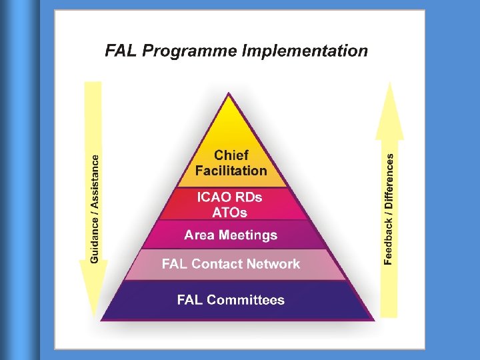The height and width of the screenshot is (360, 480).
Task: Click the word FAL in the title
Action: coord(121,51)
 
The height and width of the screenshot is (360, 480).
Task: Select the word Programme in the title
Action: coord(189,51)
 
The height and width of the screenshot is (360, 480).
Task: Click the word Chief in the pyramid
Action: coord(231,155)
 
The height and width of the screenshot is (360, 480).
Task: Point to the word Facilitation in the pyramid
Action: coord(231,171)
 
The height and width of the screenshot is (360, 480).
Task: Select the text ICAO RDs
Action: coord(230,197)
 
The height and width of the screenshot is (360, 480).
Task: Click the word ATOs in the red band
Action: coord(230,213)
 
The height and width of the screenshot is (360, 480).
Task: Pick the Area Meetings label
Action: coord(231,235)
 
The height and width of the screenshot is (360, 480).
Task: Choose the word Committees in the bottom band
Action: coord(245,300)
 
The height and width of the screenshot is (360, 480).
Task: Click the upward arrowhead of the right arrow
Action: coord(390,107)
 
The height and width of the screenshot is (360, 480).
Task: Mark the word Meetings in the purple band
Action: coord(251,235)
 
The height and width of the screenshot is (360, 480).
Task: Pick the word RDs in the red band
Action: coord(248,197)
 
